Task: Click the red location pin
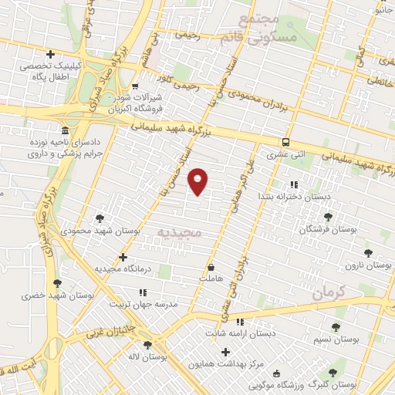point(199,181)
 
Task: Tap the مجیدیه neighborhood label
point(179,231)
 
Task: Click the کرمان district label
point(333,294)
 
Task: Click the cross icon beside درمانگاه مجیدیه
point(123,257)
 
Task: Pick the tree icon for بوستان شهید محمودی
point(99,218)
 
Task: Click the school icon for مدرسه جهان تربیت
point(142,292)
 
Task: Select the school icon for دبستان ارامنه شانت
point(239,321)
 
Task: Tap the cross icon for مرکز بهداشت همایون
point(225,352)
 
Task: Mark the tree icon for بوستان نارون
point(367,252)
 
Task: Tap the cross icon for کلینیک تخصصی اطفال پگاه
point(50,54)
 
